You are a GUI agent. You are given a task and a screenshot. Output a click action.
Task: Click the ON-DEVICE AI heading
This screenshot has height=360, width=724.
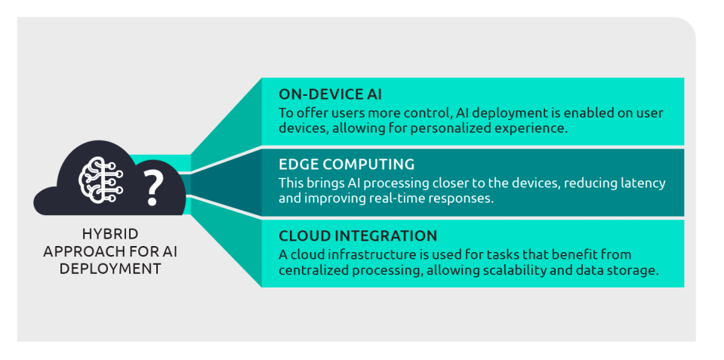click(330, 94)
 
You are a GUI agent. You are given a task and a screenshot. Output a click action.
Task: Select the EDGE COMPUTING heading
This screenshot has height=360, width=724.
click(347, 165)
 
